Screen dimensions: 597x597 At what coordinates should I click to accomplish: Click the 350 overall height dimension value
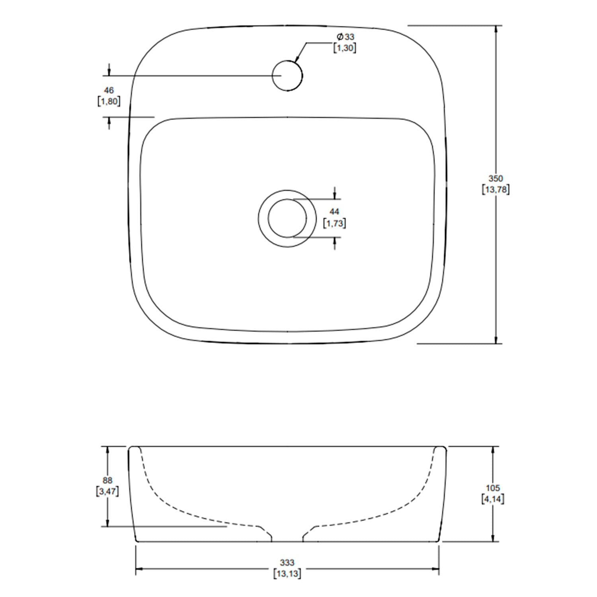point(496,179)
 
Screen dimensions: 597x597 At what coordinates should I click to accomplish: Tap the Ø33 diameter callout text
point(345,37)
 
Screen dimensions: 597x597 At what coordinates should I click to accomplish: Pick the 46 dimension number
point(109,91)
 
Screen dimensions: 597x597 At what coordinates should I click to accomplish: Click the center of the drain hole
point(287,218)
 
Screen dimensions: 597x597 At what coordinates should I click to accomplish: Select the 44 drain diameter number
point(334,212)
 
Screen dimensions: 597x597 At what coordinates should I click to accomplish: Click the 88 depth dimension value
point(107,480)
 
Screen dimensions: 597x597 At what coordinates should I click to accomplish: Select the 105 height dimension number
point(493,488)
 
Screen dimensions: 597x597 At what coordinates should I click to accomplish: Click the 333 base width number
point(287,563)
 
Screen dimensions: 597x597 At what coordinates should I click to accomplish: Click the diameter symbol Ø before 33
point(340,37)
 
